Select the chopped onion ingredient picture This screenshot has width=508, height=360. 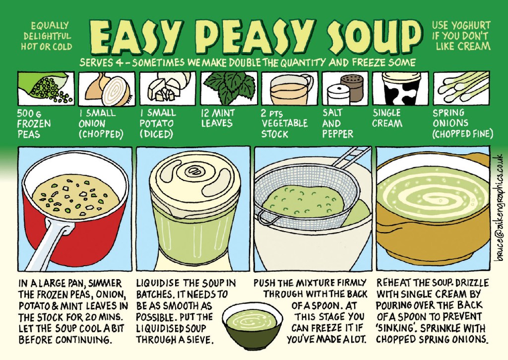coord(107,88)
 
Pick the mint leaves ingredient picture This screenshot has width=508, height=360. coord(229,87)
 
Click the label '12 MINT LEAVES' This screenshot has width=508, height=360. coord(217,118)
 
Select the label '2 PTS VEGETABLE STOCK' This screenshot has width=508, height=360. coord(284,123)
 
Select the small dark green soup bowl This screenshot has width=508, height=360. coord(252,325)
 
